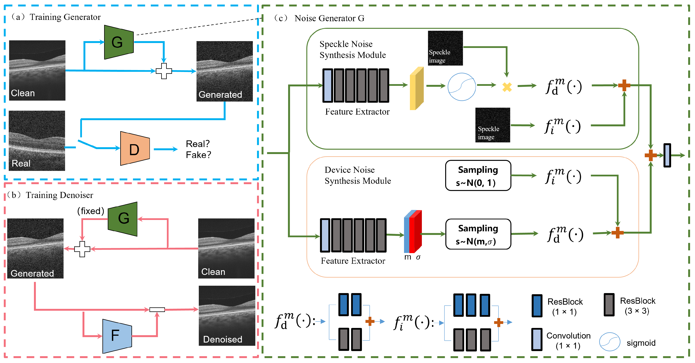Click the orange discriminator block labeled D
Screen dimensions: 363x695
tap(135, 149)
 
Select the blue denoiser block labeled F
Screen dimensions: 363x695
tap(117, 336)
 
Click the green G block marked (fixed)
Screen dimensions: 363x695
tap(123, 219)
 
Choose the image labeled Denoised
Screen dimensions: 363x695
tap(227, 316)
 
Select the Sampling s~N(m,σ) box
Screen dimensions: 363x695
tap(478, 234)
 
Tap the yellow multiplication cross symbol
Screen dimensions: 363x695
tap(507, 87)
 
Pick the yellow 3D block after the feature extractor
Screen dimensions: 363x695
tap(416, 88)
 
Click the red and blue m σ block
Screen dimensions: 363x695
tap(413, 232)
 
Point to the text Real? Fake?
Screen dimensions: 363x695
tap(198, 149)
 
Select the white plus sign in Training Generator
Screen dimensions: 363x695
tap(164, 71)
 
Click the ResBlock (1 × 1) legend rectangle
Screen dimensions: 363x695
tap(537, 306)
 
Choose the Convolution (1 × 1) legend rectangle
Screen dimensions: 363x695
tap(537, 339)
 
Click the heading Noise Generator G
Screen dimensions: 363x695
tap(329, 18)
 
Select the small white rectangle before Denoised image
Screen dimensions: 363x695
tap(157, 309)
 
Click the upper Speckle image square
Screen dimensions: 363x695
tap(445, 48)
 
